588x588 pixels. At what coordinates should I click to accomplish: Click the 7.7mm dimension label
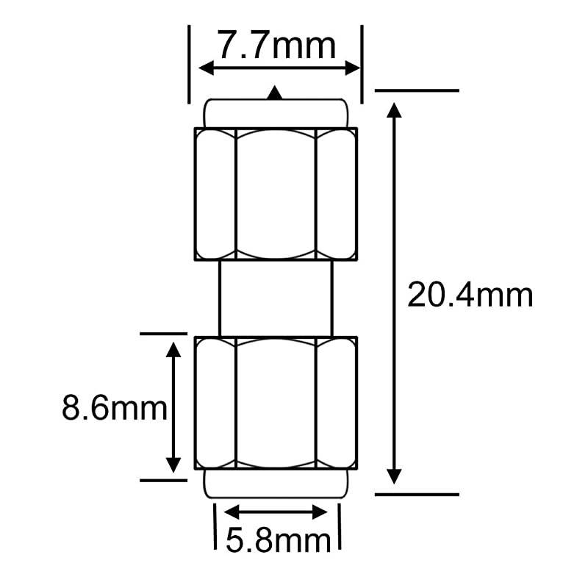pos(276,46)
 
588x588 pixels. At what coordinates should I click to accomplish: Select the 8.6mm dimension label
pos(114,408)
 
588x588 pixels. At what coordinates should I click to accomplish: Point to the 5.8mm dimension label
pos(278,542)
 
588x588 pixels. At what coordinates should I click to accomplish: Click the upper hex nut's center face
pos(276,195)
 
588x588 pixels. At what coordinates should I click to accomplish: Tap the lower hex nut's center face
pos(276,403)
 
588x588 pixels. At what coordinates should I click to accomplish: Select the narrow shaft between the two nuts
pos(276,298)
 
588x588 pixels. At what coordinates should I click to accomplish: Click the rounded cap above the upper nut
pos(276,113)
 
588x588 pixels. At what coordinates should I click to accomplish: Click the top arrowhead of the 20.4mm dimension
pos(395,111)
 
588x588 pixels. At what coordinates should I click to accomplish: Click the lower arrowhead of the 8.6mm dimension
pos(173,465)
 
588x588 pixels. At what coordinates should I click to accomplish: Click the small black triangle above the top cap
pos(275,93)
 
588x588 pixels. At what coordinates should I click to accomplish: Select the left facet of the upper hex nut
pos(215,195)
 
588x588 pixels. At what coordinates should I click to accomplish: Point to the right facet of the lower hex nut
pos(336,403)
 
